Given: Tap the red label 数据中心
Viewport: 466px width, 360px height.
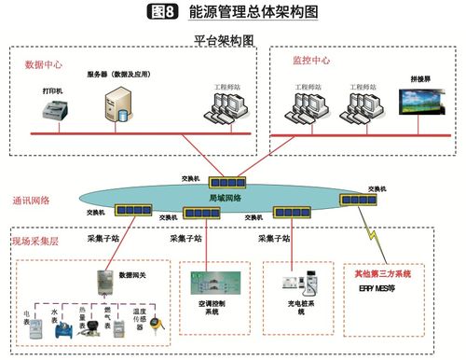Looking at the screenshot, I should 42,64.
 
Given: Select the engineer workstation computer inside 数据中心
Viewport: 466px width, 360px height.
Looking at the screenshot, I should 223,110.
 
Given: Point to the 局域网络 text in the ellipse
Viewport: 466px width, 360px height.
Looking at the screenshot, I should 226,198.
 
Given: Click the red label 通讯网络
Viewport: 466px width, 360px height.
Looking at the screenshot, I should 32,200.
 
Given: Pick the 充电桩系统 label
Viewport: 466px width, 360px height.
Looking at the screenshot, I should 299,309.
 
